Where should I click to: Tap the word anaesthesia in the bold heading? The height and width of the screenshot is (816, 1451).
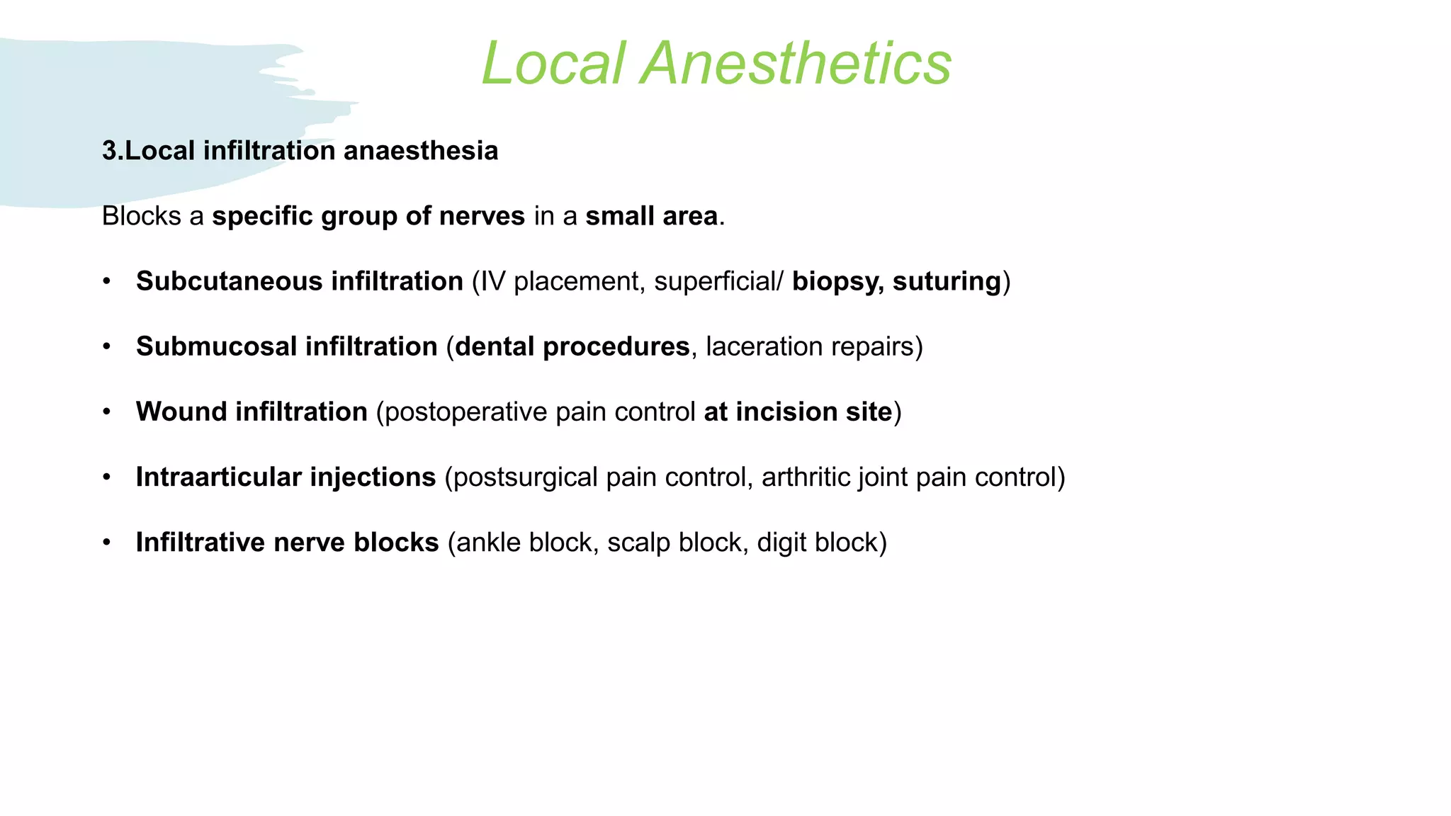point(421,151)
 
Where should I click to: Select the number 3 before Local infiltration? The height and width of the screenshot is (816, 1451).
point(109,151)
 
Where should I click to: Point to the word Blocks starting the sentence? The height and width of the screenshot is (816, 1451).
point(142,216)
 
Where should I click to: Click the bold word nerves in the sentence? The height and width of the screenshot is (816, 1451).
point(482,216)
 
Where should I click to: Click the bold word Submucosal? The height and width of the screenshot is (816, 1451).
point(215,346)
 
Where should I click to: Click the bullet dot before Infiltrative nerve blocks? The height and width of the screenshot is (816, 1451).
point(107,543)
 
